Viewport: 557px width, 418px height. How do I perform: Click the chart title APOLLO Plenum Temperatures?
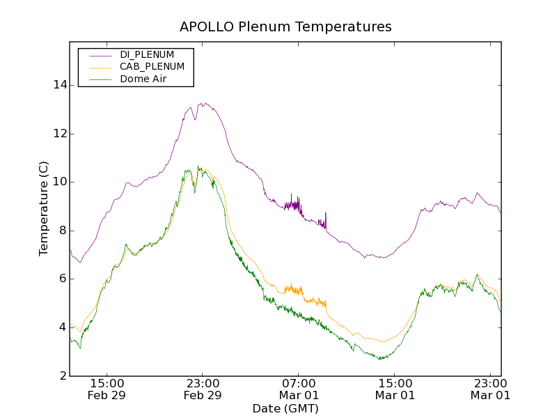click(285, 27)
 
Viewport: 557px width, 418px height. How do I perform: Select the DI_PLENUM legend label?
click(147, 54)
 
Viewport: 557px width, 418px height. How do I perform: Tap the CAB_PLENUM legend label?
click(152, 67)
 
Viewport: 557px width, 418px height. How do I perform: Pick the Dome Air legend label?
click(143, 79)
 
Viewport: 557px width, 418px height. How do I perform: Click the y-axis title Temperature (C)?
click(44, 208)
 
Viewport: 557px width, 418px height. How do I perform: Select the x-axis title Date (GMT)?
click(285, 408)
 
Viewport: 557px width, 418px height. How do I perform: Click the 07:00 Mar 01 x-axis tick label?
click(298, 389)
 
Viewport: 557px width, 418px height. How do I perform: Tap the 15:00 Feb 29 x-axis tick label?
click(107, 389)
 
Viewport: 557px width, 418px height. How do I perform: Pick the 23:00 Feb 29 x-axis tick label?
click(203, 389)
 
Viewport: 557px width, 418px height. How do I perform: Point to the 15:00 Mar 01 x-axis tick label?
click(394, 389)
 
